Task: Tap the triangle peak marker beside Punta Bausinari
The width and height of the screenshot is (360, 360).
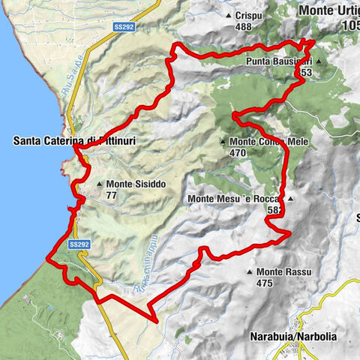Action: (x=318, y=61)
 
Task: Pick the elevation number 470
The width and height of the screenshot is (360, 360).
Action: (x=238, y=152)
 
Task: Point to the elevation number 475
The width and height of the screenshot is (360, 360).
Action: (x=262, y=283)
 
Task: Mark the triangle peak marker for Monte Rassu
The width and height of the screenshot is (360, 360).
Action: (x=249, y=272)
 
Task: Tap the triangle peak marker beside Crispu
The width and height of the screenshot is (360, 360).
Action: (x=228, y=15)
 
